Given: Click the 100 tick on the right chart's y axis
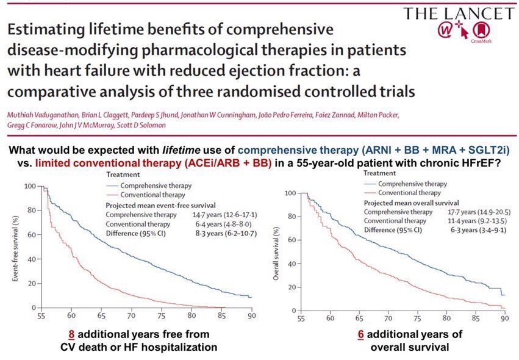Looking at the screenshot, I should click(290, 194).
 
